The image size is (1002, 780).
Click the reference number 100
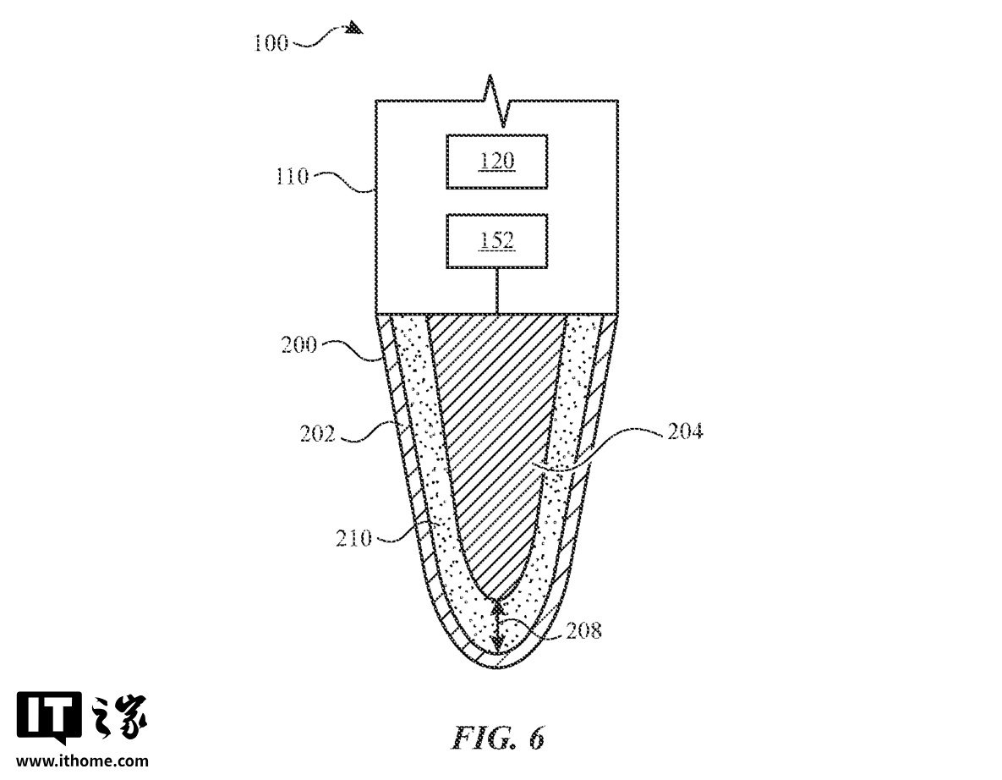click(271, 43)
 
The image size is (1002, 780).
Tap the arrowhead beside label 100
click(354, 28)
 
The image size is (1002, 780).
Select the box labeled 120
click(496, 162)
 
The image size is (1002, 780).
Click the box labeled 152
click(496, 242)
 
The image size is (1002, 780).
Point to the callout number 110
click(292, 176)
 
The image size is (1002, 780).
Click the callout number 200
click(299, 345)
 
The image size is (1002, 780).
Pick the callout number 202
click(318, 434)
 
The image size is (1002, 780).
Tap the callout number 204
click(685, 431)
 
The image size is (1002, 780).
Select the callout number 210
click(353, 538)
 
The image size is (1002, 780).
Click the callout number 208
click(584, 630)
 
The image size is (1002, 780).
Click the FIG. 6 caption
click(498, 738)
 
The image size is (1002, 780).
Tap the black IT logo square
click(48, 715)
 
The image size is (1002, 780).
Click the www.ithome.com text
click(82, 761)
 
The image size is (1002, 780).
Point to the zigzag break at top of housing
click(497, 101)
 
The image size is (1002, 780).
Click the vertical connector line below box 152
click(497, 292)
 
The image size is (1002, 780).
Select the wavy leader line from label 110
click(342, 182)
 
